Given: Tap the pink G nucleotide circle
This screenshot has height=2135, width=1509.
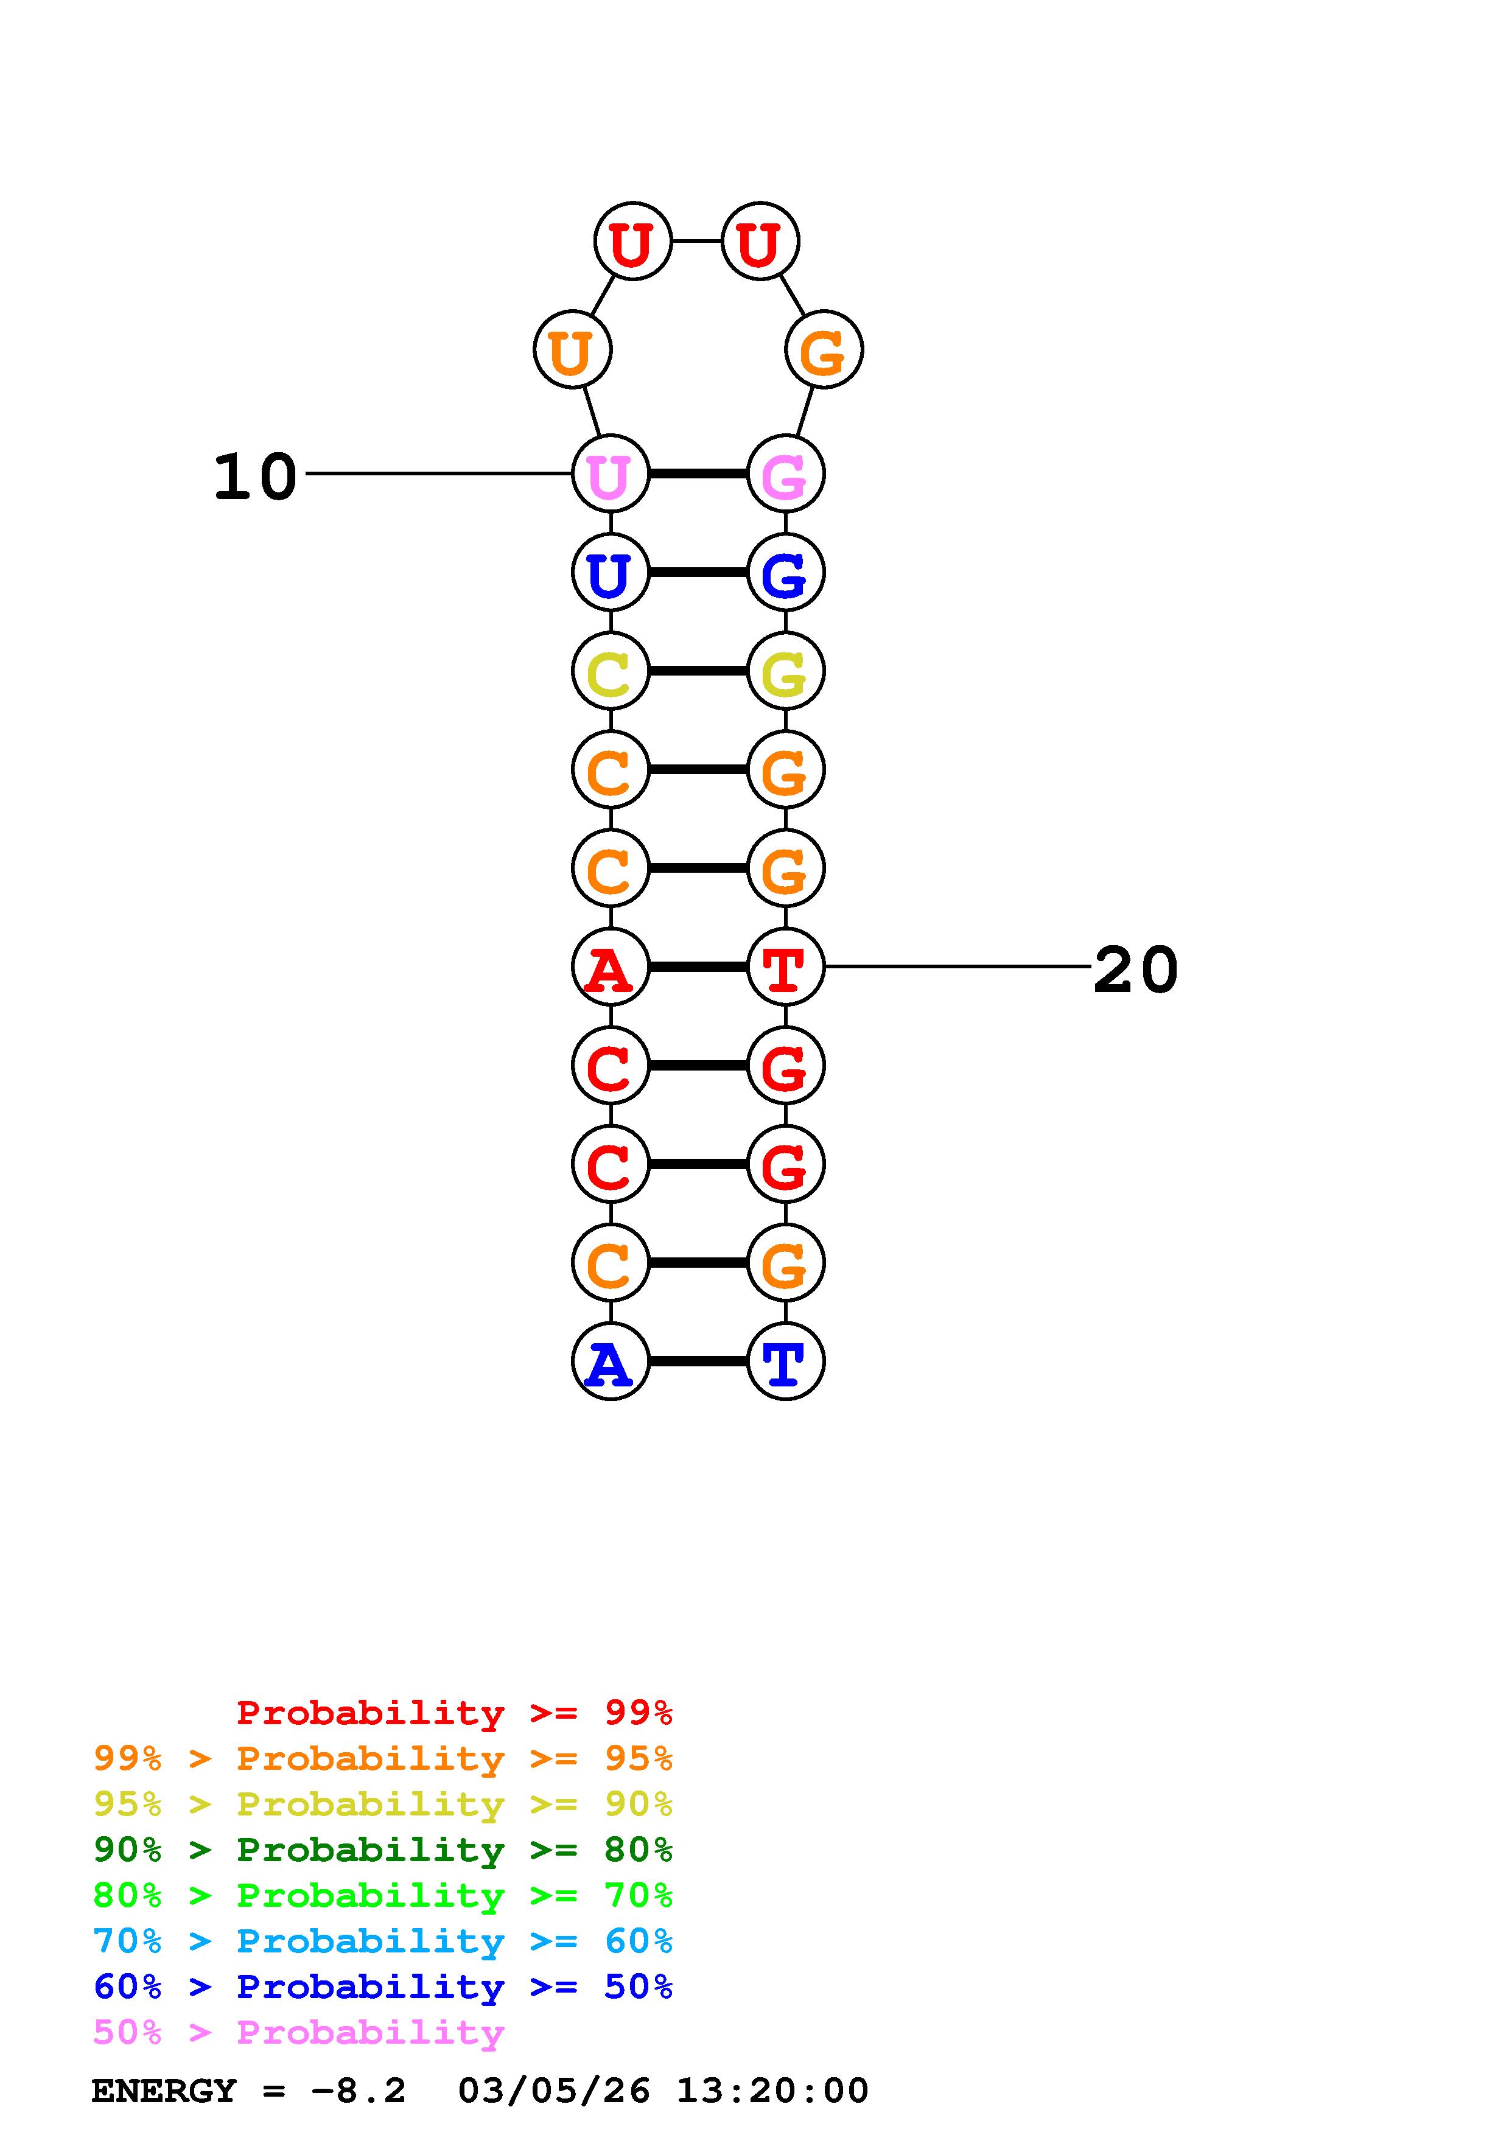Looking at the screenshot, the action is point(786,474).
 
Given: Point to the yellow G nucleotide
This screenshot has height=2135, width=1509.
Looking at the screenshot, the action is point(786,671).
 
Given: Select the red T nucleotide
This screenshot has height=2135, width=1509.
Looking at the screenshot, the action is point(786,968).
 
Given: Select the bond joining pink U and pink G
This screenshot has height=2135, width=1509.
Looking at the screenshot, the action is point(698,474).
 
